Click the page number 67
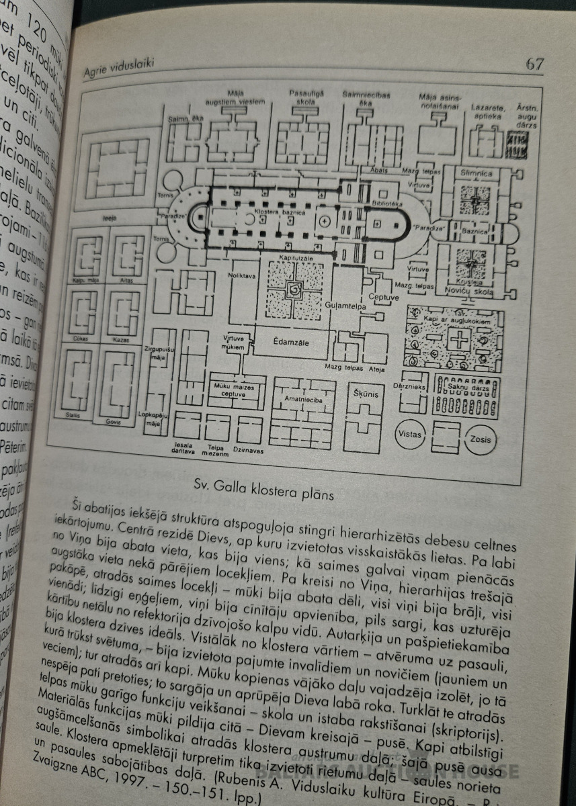[535, 64]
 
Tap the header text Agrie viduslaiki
[118, 63]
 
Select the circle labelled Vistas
[410, 434]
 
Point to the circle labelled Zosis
[481, 441]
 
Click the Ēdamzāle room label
[291, 342]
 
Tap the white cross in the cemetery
[459, 339]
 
